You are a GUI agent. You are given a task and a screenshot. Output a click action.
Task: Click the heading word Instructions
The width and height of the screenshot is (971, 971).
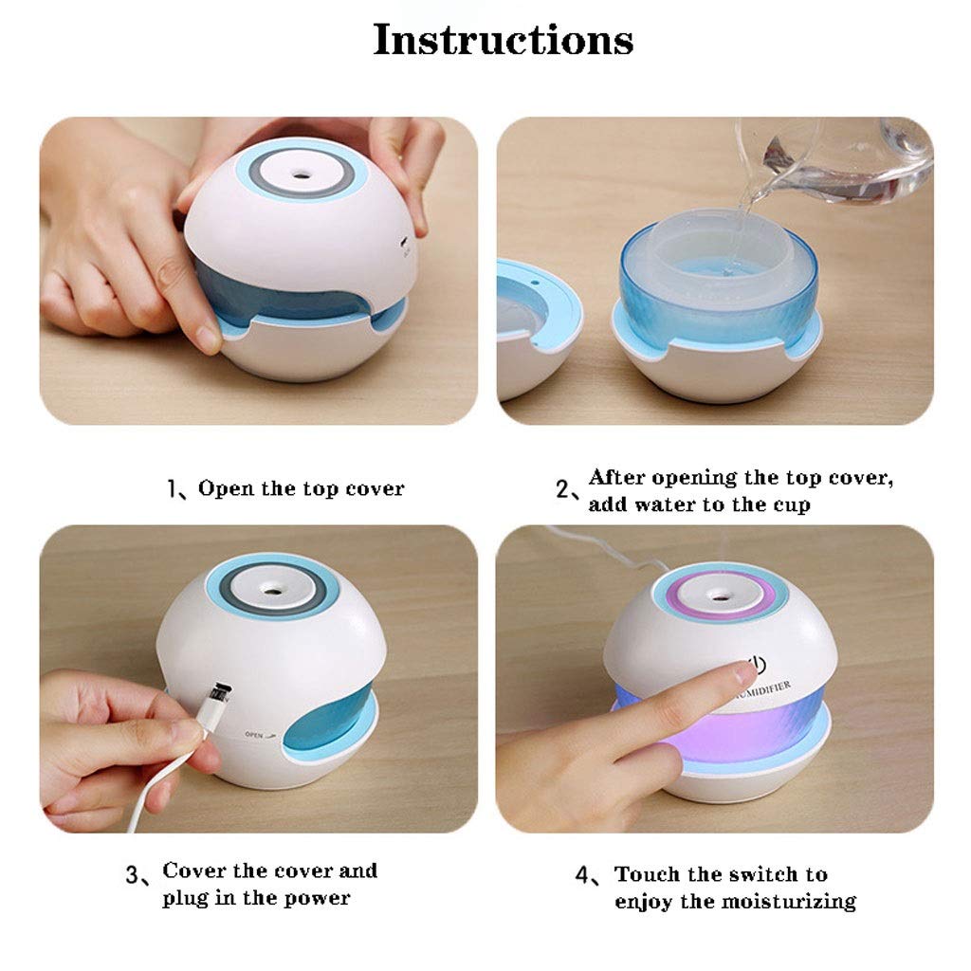[x=503, y=40]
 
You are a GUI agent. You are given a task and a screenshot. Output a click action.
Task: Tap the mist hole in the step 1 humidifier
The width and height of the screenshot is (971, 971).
[x=302, y=174]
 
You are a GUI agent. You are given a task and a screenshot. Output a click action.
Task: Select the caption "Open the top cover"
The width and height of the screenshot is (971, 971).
[x=301, y=489]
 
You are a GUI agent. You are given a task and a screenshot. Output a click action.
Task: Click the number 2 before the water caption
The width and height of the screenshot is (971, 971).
[x=565, y=490]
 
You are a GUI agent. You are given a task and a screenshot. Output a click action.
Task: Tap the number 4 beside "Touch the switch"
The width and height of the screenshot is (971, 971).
[x=585, y=875]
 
